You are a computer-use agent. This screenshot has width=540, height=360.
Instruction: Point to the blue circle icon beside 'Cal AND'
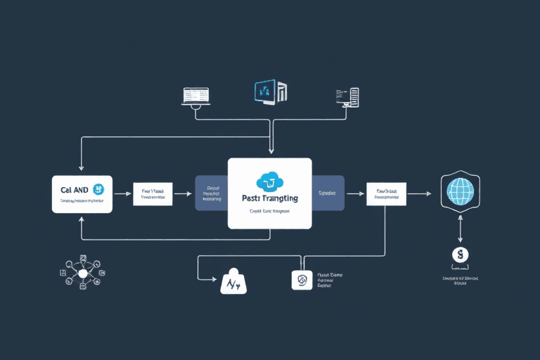coord(98,188)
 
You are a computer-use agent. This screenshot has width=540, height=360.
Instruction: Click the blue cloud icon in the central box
coord(269,182)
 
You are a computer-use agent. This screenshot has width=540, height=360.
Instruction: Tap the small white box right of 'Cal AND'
coord(153,193)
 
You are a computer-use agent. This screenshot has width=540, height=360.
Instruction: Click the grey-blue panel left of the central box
coord(211,193)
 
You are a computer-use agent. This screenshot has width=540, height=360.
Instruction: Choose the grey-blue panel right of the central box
coord(328,193)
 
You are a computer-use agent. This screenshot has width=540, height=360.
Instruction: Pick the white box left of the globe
coord(386,193)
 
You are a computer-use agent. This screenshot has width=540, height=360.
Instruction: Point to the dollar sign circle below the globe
coord(461,255)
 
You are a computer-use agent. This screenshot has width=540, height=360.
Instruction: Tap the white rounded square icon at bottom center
coord(302,280)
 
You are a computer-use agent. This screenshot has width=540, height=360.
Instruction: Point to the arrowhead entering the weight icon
coord(215,280)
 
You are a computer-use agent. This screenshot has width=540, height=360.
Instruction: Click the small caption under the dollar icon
coord(461,281)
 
